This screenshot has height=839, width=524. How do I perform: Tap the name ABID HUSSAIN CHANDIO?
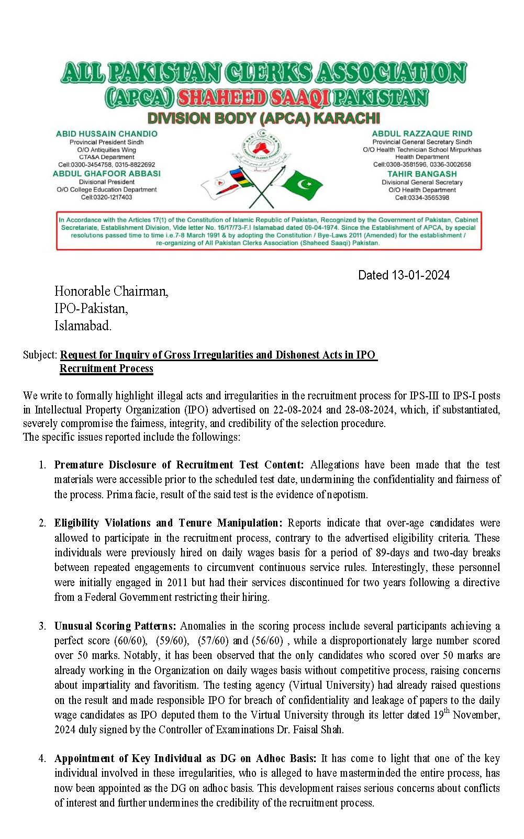click(107, 134)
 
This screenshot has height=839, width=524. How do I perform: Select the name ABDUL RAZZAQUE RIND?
click(422, 134)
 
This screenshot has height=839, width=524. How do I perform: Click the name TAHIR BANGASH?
click(422, 174)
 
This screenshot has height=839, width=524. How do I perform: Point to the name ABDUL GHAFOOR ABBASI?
click(107, 173)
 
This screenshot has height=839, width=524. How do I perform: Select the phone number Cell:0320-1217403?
click(107, 197)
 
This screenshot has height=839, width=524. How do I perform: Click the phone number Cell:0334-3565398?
click(422, 198)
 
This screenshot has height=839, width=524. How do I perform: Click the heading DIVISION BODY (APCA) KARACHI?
click(263, 118)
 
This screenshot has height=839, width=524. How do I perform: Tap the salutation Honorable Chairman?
click(112, 291)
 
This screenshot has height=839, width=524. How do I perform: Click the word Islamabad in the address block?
click(83, 326)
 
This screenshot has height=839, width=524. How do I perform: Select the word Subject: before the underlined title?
click(40, 355)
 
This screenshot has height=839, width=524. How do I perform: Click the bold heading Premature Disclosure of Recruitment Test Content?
click(179, 465)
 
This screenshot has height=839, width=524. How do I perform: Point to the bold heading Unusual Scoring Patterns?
click(116, 626)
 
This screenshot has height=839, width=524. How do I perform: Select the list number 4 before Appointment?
click(42, 758)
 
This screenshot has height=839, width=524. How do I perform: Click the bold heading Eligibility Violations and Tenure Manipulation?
click(168, 523)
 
